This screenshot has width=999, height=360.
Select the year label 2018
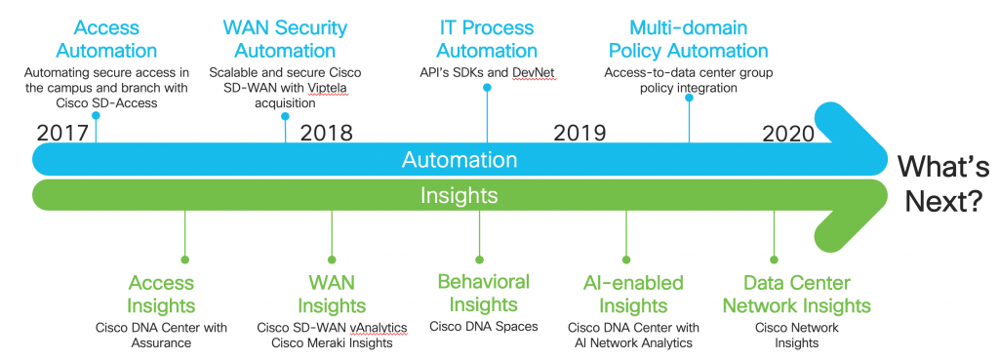[x=326, y=132]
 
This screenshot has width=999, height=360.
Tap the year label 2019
[x=579, y=132]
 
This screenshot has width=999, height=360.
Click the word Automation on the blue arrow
[x=459, y=159]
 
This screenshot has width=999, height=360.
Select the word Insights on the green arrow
[x=459, y=195]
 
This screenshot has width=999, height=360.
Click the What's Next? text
[x=938, y=181]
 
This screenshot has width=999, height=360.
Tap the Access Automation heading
[x=106, y=39]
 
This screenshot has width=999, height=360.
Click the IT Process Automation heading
[x=486, y=39]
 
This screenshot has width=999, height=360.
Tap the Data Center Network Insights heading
[x=796, y=294]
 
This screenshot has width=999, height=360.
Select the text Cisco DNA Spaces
[x=484, y=326]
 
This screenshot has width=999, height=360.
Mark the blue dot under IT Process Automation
[x=487, y=88]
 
